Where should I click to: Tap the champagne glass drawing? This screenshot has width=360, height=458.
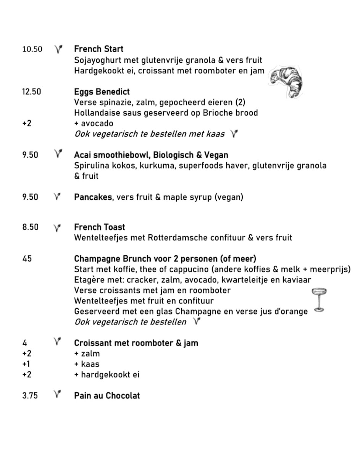(x=319, y=300)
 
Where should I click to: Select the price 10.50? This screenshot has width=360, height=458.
(x=32, y=49)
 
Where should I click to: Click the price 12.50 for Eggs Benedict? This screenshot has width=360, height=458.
(x=32, y=92)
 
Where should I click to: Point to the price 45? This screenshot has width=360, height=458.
(x=27, y=259)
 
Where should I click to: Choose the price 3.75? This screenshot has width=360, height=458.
(x=30, y=395)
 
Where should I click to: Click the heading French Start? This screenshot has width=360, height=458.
(x=98, y=49)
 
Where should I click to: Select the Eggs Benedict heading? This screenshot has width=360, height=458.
(x=102, y=92)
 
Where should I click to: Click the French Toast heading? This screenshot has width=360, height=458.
(x=99, y=227)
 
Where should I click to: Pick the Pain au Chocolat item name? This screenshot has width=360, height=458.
(x=107, y=395)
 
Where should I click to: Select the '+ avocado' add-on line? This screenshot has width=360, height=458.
(x=94, y=124)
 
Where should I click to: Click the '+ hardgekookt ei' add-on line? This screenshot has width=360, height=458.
(x=107, y=374)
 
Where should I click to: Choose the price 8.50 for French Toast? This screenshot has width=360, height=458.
(x=30, y=227)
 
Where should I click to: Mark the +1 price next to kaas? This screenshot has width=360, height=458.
(x=26, y=364)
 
